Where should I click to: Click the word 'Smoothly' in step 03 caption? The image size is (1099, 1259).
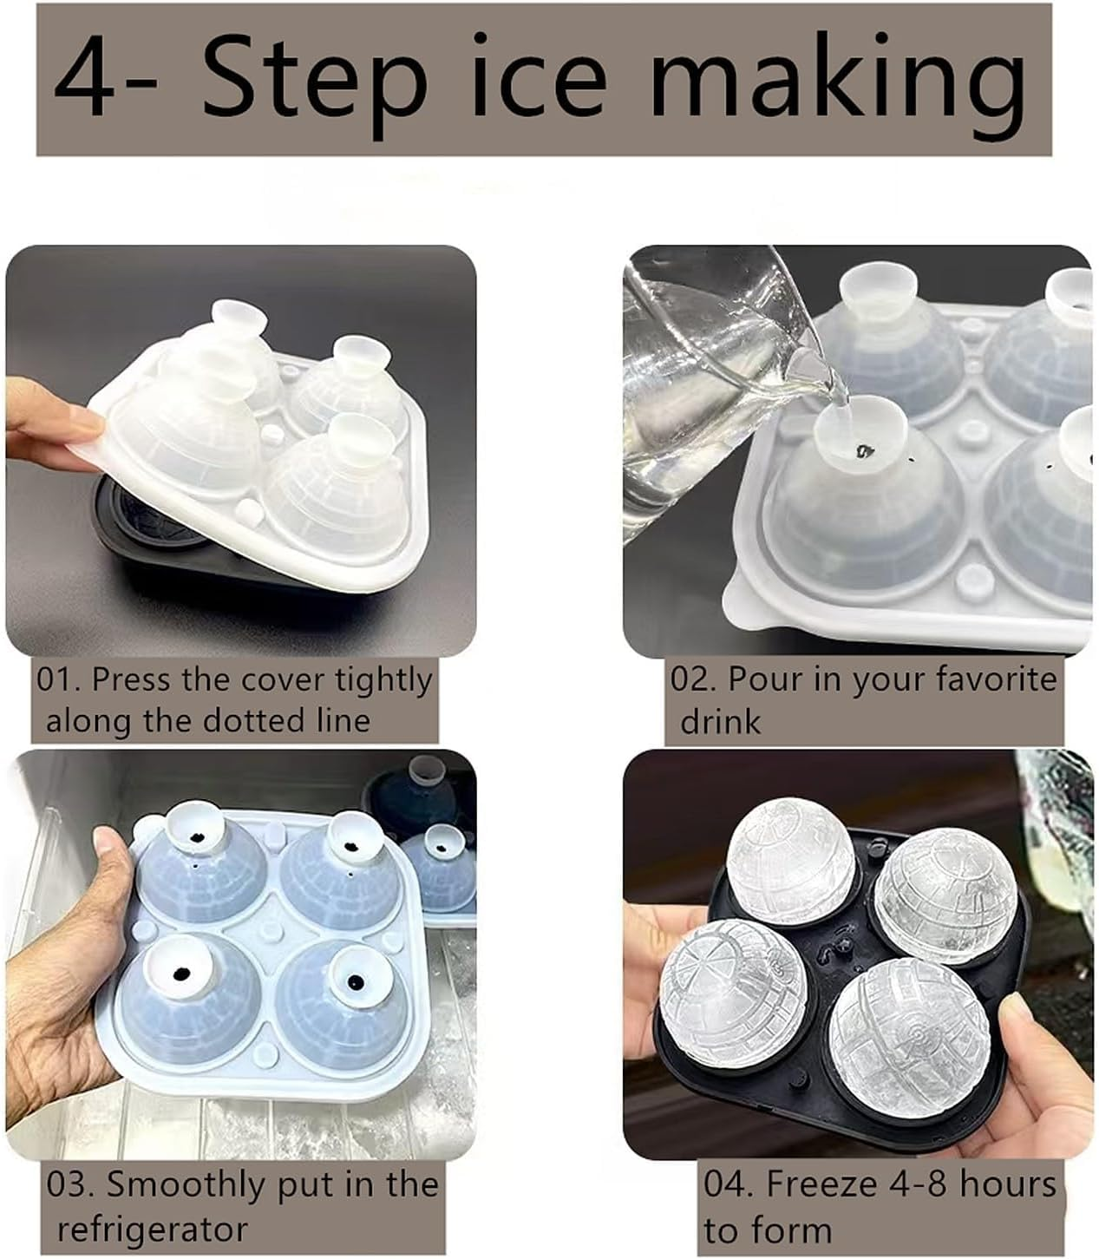pyautogui.click(x=185, y=1184)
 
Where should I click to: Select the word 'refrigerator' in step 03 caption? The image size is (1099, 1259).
pyautogui.click(x=152, y=1229)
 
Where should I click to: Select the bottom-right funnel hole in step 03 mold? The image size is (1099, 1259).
pyautogui.click(x=356, y=982)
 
